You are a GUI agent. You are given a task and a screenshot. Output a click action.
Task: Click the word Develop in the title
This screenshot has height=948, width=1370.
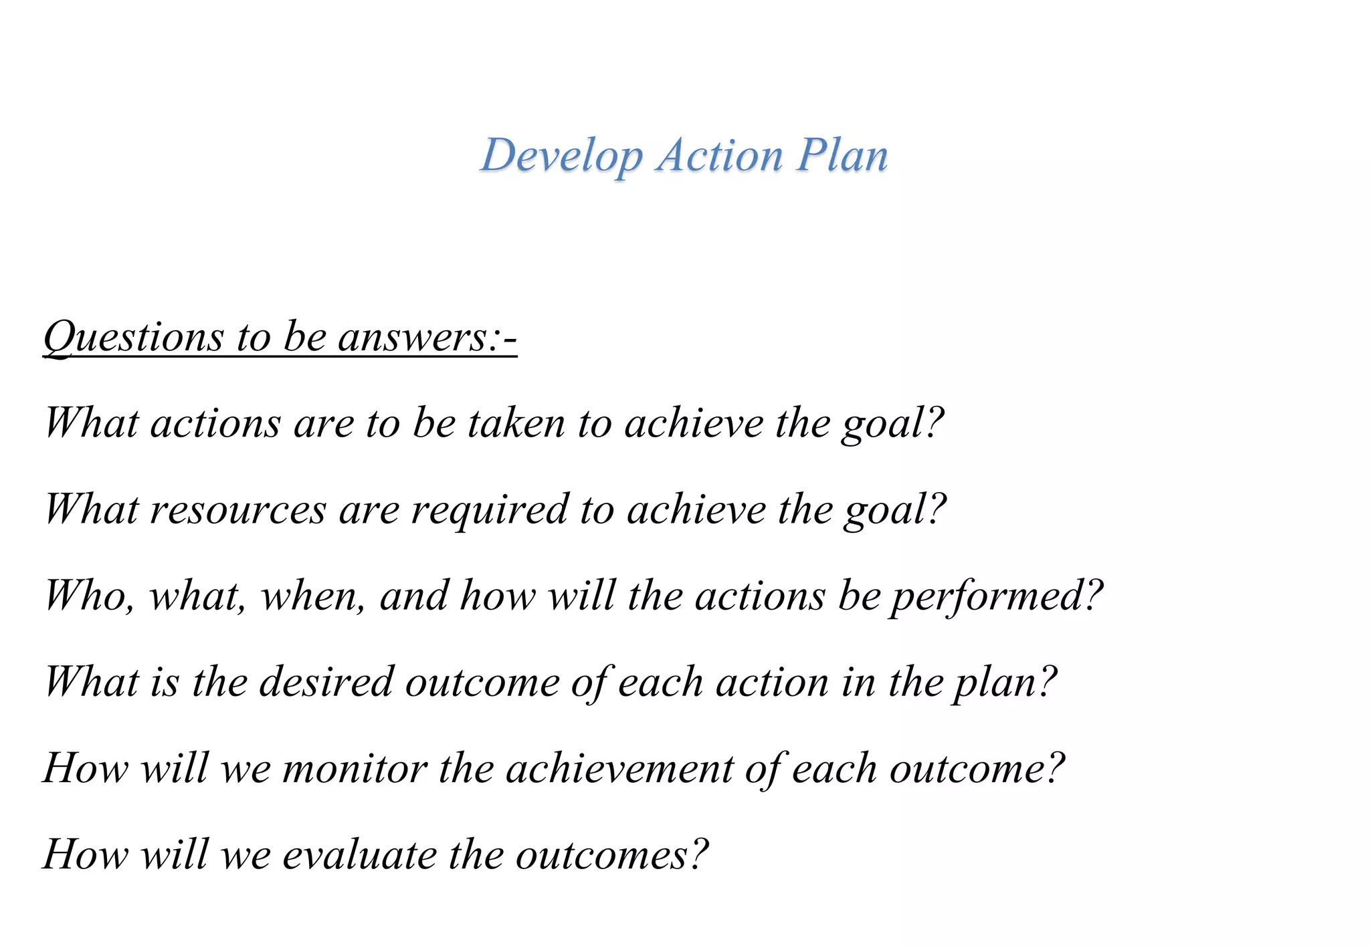561,156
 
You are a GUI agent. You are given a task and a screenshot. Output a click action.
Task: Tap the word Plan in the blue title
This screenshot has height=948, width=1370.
842,155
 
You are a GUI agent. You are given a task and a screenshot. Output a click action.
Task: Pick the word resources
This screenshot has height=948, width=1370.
238,509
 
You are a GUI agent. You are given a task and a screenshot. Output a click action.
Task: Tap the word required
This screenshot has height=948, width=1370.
489,511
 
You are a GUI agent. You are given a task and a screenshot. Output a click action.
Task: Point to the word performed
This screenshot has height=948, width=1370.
987,596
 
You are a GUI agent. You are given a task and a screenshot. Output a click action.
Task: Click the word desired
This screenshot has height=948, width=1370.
326,682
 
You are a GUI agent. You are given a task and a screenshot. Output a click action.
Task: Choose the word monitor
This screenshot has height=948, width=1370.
355,768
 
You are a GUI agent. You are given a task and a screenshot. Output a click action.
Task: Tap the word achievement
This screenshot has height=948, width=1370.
619,768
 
